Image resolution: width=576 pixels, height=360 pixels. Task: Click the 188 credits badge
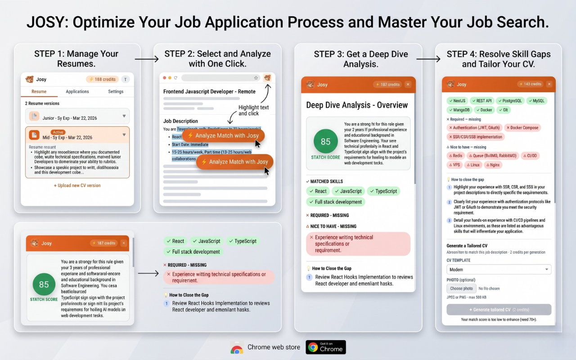pos(102,79)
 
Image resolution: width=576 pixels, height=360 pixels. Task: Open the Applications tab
pos(77,91)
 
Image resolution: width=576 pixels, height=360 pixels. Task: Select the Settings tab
pos(116,91)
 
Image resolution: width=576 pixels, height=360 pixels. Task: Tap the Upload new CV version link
pos(77,185)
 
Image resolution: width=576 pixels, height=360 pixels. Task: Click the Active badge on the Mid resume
pos(58,132)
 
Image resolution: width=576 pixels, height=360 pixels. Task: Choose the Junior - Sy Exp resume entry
pos(77,117)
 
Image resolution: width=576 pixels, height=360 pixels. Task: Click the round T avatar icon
pos(126,79)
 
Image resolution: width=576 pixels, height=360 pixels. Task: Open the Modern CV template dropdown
pos(499,270)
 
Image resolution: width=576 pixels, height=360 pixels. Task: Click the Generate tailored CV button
pos(499,310)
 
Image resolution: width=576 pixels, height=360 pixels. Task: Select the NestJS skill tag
pos(457,101)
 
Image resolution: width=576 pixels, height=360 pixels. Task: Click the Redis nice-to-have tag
pos(455,156)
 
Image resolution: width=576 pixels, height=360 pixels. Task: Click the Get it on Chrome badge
pos(326,347)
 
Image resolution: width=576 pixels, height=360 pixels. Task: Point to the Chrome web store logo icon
pos(237,347)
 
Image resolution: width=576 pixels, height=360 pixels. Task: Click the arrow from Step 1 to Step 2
pos(147,59)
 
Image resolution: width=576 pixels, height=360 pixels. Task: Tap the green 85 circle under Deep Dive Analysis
pos(325,141)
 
